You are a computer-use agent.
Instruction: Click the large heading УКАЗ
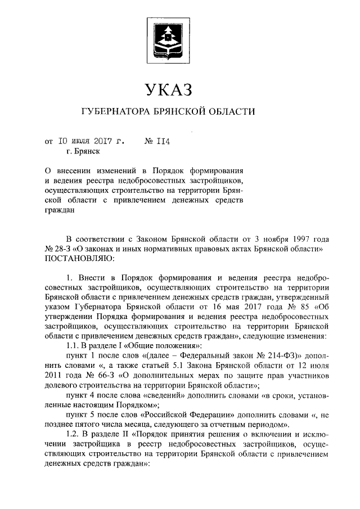click(x=168, y=90)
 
